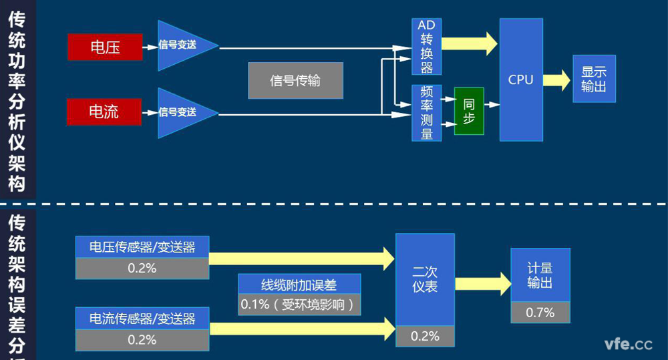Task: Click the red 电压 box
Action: [105, 47]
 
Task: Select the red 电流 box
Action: [104, 112]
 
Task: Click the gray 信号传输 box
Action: [295, 81]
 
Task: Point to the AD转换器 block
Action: [426, 47]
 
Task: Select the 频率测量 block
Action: [426, 113]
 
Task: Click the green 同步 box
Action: [469, 111]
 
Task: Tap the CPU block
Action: [520, 79]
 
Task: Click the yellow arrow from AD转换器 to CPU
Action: [470, 43]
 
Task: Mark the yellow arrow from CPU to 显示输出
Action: [556, 79]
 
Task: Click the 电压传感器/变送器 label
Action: [142, 247]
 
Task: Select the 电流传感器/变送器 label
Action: [142, 319]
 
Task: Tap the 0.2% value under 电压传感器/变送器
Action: [142, 268]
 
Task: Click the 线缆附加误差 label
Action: [299, 285]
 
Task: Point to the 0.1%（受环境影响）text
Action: [299, 305]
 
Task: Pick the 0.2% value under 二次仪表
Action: [425, 336]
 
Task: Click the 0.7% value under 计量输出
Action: [540, 312]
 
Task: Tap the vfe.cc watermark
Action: [628, 344]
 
